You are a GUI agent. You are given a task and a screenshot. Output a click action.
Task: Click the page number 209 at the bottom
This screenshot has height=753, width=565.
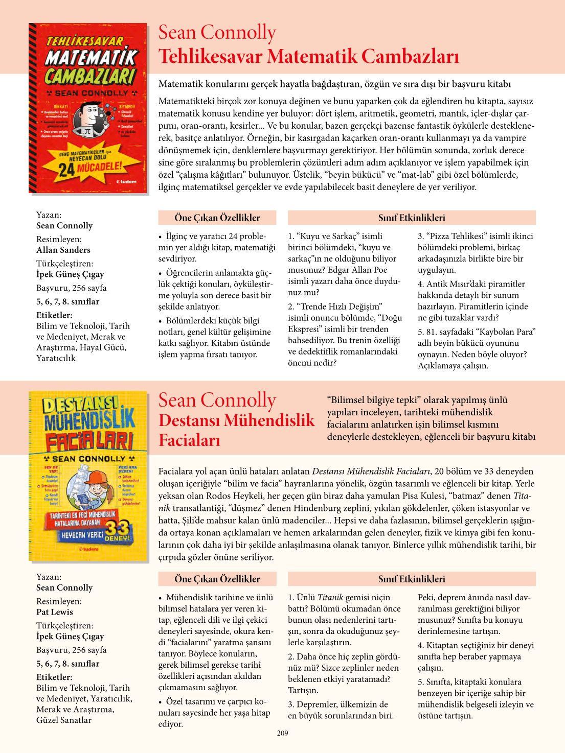pyautogui.click(x=282, y=733)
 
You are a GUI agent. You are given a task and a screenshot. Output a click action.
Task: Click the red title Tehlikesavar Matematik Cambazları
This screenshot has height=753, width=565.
pyautogui.click(x=308, y=56)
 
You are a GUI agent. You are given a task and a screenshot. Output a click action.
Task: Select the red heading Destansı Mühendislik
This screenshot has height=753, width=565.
pyautogui.click(x=236, y=420)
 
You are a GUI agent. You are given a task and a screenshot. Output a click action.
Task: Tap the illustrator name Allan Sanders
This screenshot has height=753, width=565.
pyautogui.click(x=63, y=250)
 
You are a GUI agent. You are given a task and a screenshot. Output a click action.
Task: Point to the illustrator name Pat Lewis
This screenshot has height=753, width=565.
pyautogui.click(x=55, y=612)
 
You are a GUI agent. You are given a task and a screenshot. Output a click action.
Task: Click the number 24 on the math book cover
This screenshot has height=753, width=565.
pyautogui.click(x=66, y=170)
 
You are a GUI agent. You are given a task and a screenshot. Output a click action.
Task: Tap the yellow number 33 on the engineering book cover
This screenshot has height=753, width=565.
pyautogui.click(x=117, y=529)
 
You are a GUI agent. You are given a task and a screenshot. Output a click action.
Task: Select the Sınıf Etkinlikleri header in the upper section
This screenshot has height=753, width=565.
pyautogui.click(x=412, y=218)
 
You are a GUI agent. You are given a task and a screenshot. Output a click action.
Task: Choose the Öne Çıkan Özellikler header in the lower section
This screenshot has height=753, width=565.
pyautogui.click(x=217, y=579)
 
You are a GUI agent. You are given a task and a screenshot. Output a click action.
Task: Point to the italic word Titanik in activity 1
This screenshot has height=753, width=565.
pyautogui.click(x=330, y=597)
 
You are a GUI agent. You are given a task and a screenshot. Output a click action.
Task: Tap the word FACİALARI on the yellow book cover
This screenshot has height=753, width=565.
pyautogui.click(x=89, y=441)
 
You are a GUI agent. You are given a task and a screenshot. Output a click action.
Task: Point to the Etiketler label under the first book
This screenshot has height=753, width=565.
pyautogui.click(x=54, y=315)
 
